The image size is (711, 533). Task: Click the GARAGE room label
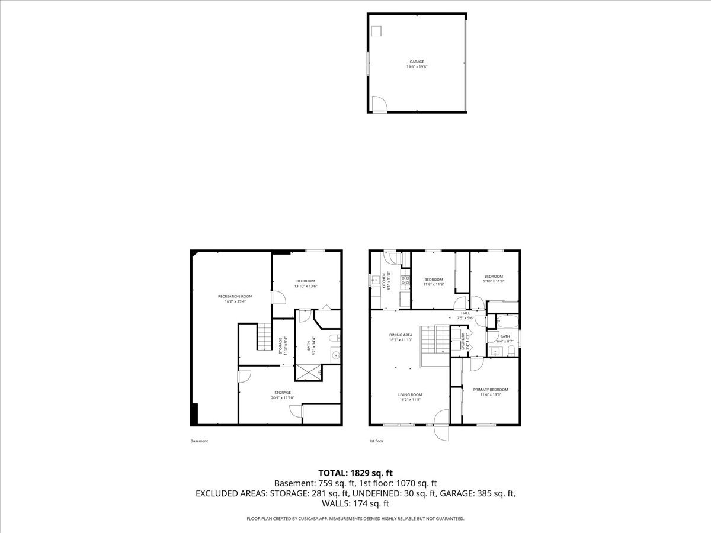(x=417, y=62)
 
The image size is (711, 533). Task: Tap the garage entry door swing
(x=379, y=105)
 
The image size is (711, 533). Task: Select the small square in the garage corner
(x=377, y=31)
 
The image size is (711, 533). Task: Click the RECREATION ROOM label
(x=235, y=296)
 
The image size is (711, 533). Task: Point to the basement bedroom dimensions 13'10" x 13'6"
(x=306, y=286)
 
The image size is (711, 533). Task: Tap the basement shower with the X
(x=309, y=372)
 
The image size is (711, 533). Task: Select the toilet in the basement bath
(x=334, y=339)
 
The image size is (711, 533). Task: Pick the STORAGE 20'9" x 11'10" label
(x=282, y=395)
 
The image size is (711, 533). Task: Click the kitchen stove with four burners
(x=406, y=281)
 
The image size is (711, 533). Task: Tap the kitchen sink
(x=376, y=279)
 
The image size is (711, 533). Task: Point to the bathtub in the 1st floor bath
(x=507, y=323)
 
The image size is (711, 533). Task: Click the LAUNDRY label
(x=463, y=342)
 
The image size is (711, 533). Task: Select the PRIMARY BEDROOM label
(x=490, y=390)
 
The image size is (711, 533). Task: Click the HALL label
(x=465, y=313)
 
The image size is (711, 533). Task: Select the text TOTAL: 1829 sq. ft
(x=355, y=473)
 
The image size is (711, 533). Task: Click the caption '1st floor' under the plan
(x=376, y=441)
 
